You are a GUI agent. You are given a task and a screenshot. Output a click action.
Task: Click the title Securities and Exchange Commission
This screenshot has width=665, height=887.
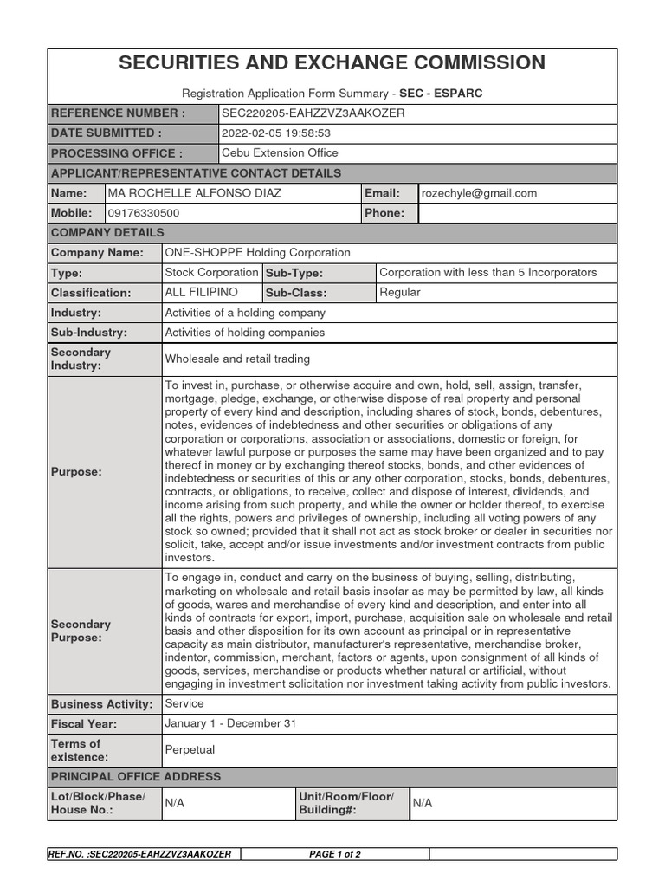[332, 63]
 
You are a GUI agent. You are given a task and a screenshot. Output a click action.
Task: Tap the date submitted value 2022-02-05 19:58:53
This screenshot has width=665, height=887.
[276, 133]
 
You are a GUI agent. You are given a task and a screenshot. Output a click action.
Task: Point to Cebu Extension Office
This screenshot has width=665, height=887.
[280, 153]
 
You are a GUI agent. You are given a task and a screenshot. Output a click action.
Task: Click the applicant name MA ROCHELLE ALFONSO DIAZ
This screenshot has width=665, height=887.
[194, 193]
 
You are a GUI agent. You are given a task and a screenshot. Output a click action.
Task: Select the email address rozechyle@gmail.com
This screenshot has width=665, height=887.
[479, 193]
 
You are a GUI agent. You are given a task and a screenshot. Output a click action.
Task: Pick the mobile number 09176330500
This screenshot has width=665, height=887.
[144, 213]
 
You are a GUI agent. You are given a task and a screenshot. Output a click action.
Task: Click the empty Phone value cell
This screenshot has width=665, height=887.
[517, 213]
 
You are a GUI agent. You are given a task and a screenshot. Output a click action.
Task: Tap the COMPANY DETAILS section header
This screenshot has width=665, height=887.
[107, 233]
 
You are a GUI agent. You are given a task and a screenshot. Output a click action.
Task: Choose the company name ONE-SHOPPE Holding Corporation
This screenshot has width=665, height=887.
[257, 253]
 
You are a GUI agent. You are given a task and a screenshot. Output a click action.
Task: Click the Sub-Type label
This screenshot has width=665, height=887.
[294, 273]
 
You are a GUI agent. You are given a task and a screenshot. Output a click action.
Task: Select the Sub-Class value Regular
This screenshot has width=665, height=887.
[400, 293]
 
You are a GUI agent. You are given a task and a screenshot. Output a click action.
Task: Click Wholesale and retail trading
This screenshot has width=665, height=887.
[237, 359]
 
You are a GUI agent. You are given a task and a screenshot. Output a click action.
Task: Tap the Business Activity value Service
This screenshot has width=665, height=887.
[184, 704]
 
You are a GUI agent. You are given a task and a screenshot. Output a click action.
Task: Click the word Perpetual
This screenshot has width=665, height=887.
[190, 749]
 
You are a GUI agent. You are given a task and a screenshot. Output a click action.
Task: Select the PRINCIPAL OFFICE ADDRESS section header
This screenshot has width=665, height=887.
[136, 776]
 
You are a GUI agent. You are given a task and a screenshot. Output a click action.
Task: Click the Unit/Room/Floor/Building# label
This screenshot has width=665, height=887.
[345, 803]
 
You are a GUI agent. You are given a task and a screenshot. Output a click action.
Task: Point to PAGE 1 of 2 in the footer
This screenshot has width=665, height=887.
[335, 854]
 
